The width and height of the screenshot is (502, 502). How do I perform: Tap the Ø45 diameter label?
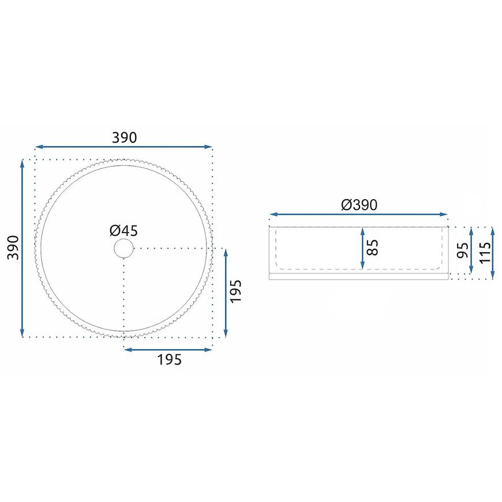[123, 230]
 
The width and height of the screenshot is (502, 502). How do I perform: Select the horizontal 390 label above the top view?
[124, 137]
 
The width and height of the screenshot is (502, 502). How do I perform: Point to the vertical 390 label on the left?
[13, 248]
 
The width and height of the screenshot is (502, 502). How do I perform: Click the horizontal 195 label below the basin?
[169, 359]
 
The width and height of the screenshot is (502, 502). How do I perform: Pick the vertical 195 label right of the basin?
[235, 291]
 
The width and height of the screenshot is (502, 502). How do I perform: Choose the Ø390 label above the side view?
[359, 205]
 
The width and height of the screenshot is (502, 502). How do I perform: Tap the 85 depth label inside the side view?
[373, 248]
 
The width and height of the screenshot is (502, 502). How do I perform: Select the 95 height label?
[463, 250]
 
